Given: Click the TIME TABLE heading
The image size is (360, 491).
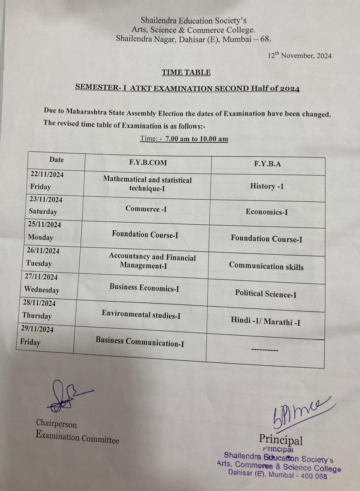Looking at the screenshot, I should point(186,72).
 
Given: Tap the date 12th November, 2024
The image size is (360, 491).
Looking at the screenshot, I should point(300,55).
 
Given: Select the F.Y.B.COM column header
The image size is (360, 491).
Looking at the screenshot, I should point(148,162).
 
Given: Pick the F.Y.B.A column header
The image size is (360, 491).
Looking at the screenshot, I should point(268,164).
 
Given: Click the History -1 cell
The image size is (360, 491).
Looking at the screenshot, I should point(267,186).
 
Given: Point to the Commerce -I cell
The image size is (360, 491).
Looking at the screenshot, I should point(146,209).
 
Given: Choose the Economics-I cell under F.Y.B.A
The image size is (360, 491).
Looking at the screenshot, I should point(266,212).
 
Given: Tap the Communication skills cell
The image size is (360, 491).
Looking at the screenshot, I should point(266,266).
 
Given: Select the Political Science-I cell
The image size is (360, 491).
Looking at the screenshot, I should point(266,294).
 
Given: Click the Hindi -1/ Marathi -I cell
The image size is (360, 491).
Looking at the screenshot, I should point(265,322).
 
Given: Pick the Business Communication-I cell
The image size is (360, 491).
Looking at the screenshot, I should point(140,342).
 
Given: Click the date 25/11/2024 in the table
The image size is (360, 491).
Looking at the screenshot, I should point(45,225).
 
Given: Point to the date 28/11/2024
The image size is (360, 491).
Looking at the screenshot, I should point(39,303).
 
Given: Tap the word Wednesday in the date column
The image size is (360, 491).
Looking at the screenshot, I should point(41,290).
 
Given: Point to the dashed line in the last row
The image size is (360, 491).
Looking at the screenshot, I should point(264,350).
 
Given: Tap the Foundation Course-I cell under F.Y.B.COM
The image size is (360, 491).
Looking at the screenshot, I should point(145,235).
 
